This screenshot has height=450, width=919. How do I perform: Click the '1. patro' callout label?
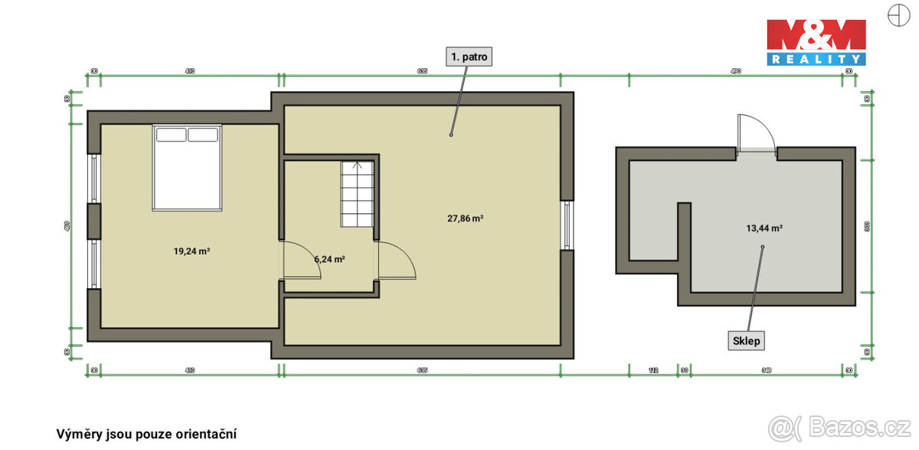click(468, 56)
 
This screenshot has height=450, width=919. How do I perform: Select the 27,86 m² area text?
click(465, 218)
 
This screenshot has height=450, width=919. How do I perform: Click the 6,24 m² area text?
click(329, 259)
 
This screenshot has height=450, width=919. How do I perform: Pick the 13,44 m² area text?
click(764, 228)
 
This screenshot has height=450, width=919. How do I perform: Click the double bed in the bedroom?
click(188, 167)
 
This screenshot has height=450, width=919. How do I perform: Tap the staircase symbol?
click(357, 194)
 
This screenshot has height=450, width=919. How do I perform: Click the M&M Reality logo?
click(816, 42)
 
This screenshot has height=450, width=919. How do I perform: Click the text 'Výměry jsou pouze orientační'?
click(147, 433)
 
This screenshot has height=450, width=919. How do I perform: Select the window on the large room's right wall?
click(567, 225)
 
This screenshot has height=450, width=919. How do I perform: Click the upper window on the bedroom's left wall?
click(93, 179)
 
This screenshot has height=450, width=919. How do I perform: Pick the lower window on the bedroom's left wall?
click(93, 265)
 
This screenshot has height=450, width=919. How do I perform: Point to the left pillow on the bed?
click(172, 135)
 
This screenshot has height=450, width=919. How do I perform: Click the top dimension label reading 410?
click(190, 71)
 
